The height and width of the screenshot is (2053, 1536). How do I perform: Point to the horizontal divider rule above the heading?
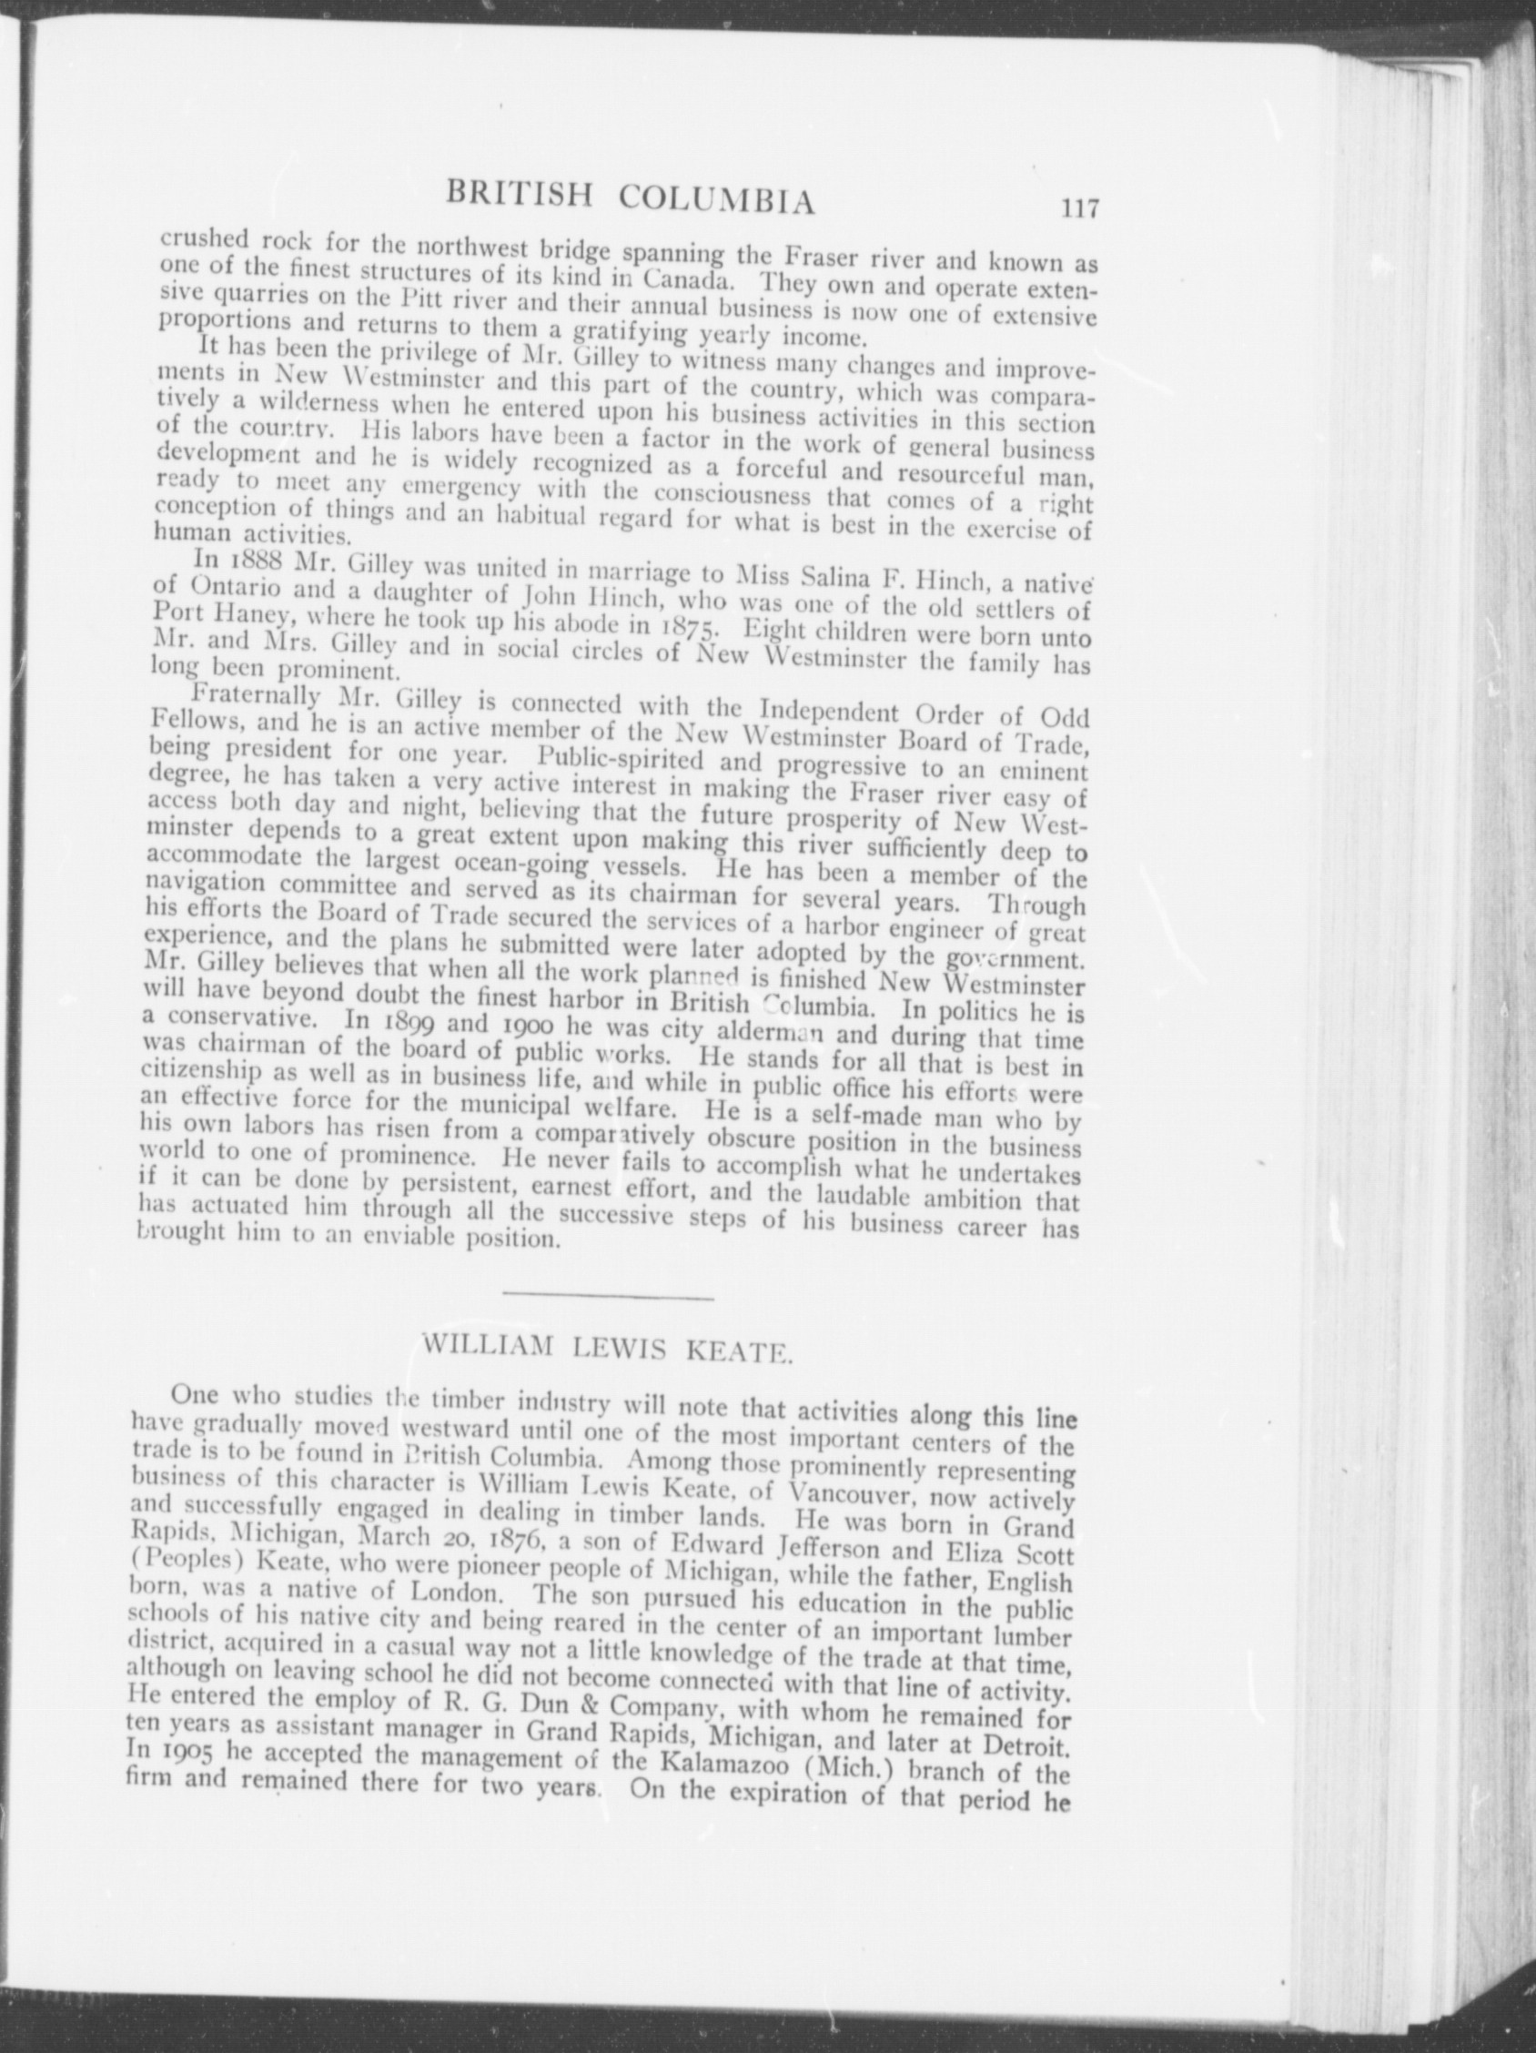pos(607,1297)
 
